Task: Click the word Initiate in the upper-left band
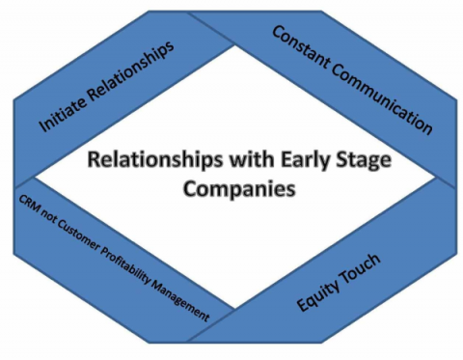click(x=59, y=114)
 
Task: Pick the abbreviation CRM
click(x=28, y=201)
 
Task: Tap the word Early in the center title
click(x=276, y=160)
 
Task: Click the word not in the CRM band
click(x=48, y=213)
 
